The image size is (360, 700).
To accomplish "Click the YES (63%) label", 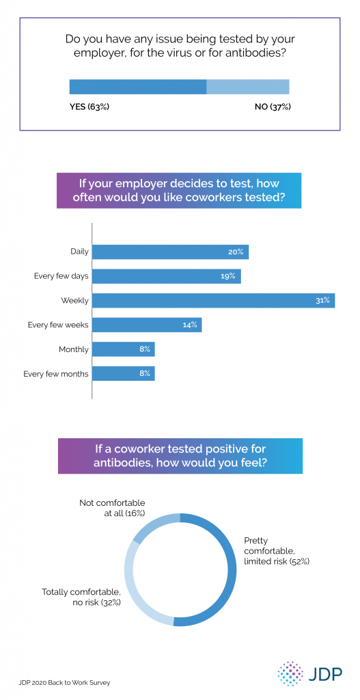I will point(89,107).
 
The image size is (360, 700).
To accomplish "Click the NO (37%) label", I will point(268,107).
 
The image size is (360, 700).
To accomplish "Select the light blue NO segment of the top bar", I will point(248,87).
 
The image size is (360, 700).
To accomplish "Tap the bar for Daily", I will point(170,252).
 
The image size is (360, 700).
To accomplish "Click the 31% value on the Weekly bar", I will point(323,300).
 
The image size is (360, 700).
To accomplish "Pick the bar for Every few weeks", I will point(147,325).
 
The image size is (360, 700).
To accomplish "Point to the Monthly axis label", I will point(74,349).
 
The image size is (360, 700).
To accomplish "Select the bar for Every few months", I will point(124,373).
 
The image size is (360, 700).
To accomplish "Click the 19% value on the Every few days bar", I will point(228,276).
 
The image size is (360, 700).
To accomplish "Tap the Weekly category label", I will point(75,300).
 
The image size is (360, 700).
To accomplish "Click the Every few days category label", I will point(61,276).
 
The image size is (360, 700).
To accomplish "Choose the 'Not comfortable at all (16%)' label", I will point(112,509).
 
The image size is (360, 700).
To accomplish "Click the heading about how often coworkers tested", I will point(180,191).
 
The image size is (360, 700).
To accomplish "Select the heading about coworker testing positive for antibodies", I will point(180,455).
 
